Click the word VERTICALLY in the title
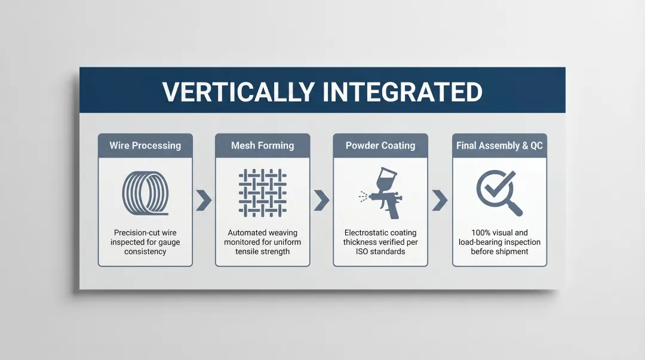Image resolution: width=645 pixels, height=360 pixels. [238, 92]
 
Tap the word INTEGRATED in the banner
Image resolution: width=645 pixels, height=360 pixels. [403, 92]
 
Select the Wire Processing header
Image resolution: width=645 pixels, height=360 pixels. [145, 146]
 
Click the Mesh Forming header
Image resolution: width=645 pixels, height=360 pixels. [262, 146]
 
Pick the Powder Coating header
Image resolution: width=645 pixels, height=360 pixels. [380, 146]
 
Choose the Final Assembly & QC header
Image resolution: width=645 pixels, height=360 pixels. [499, 146]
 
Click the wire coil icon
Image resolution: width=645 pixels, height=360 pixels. [145, 193]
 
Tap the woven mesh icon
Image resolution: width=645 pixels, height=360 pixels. [262, 193]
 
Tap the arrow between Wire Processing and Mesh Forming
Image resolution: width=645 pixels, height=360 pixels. [204, 201]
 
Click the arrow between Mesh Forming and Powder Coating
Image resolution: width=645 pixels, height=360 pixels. [321, 201]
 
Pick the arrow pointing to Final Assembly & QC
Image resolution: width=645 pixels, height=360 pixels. [440, 201]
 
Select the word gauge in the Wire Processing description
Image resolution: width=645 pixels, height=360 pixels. [168, 242]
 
